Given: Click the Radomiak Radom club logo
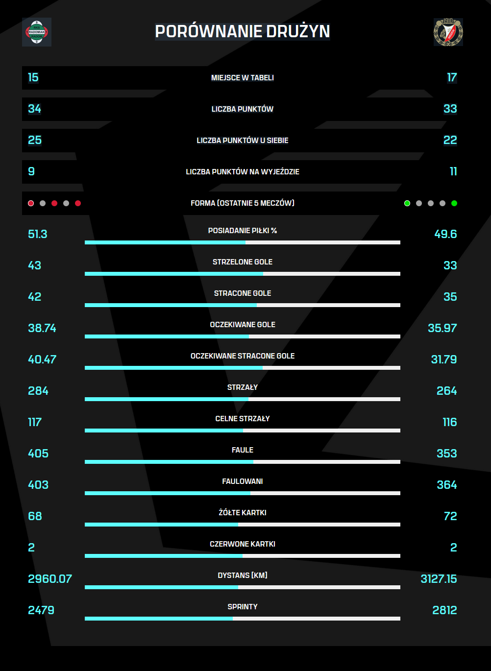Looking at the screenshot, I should (x=37, y=32).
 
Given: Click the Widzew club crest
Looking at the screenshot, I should (x=448, y=32).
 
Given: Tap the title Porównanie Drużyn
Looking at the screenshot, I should (x=243, y=31).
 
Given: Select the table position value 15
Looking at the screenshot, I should (x=33, y=77).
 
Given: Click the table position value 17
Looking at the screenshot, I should (x=452, y=77).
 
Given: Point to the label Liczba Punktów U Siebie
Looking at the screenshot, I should (x=243, y=141).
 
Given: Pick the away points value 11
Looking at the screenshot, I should (x=453, y=171).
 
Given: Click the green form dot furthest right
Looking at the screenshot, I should (x=454, y=203).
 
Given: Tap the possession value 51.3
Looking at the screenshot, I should (x=38, y=234).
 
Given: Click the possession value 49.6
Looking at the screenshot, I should (x=445, y=234).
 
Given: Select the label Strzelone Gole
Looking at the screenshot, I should (x=243, y=262).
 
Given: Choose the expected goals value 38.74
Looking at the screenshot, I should (x=42, y=328).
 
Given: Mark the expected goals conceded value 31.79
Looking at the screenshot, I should (x=444, y=359).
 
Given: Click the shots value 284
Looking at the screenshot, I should (x=38, y=391).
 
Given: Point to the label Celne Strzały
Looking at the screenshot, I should (x=243, y=419).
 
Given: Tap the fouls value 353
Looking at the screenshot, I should (x=446, y=454).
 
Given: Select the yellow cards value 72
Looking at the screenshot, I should (x=450, y=516).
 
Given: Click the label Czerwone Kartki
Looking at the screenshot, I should (x=243, y=544).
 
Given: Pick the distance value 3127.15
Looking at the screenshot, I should (x=439, y=579).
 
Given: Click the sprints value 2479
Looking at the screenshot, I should (x=41, y=610).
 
